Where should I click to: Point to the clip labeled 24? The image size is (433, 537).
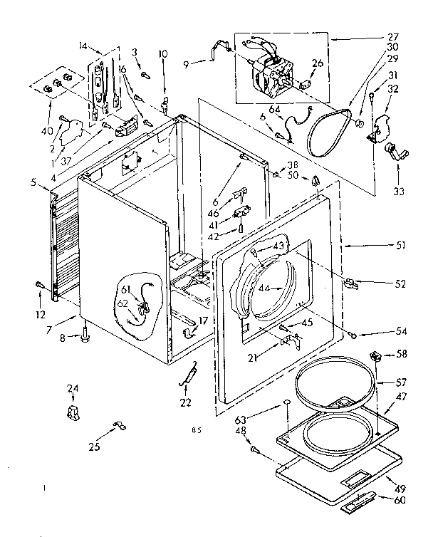click(73, 412)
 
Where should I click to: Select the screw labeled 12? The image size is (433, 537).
click(38, 286)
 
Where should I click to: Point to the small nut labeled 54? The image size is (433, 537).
click(353, 334)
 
